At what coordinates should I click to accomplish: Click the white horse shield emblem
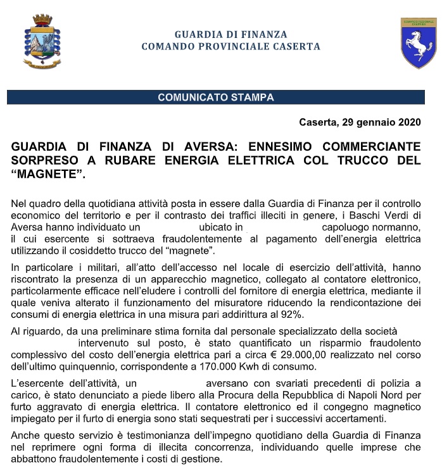(418, 42)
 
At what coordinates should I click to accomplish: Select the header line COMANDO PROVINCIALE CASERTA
(230, 47)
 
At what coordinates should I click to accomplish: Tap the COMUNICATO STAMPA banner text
(216, 97)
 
